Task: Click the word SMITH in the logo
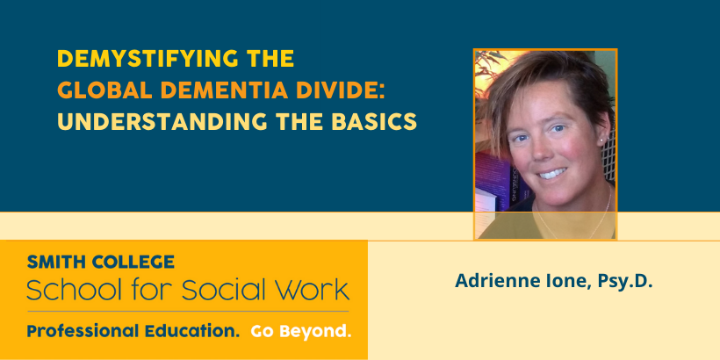(x=55, y=262)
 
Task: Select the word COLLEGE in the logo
(x=133, y=262)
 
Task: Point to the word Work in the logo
(x=315, y=290)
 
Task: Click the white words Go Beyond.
(x=301, y=332)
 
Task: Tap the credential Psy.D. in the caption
(x=625, y=282)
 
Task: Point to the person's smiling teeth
(x=552, y=174)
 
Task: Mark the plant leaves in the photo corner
(x=490, y=64)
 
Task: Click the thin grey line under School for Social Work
(x=188, y=312)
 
